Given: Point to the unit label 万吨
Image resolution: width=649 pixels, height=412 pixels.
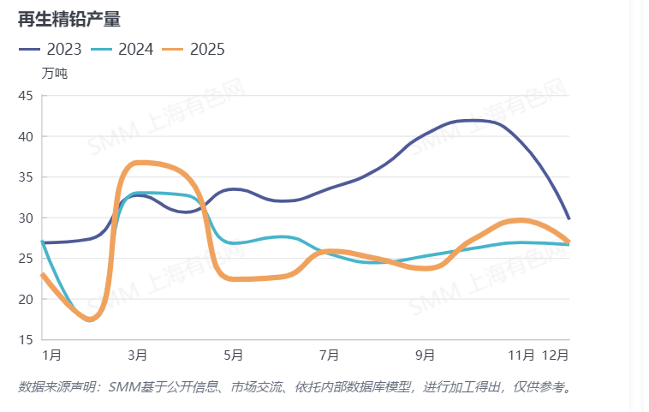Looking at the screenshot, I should tap(54, 73).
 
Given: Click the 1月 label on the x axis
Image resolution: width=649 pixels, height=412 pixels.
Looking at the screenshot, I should tap(51, 354).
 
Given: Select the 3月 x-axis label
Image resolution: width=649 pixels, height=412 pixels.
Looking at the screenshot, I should tap(137, 354).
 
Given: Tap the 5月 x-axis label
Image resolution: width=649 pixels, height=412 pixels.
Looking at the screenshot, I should tap(234, 354).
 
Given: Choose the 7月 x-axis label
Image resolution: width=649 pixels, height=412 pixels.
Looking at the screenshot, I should tap(330, 354).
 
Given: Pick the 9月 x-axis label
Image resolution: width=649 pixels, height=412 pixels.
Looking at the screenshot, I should tap(426, 354).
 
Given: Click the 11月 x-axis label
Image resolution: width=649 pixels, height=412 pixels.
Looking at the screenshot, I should tap(521, 354).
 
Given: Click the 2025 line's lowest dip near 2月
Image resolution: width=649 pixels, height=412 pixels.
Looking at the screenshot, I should tap(92, 319).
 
